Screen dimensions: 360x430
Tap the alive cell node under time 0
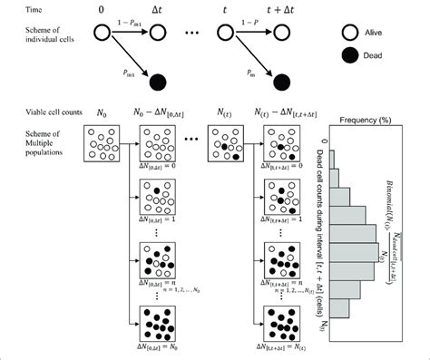pyautogui.click(x=100, y=34)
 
